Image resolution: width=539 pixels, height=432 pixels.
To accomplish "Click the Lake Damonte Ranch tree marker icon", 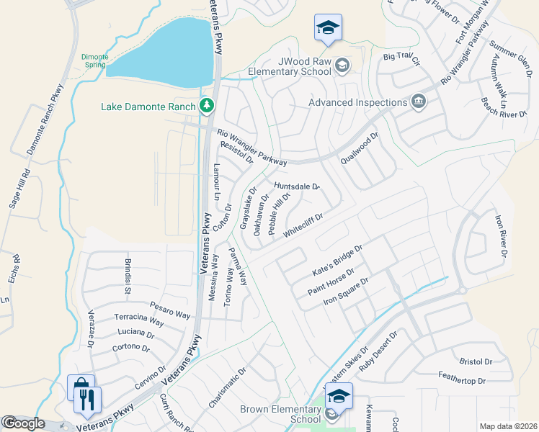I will (x=208, y=107).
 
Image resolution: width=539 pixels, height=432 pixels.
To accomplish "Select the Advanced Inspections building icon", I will (x=418, y=102).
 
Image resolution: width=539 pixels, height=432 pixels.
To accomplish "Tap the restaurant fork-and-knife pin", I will (x=87, y=399).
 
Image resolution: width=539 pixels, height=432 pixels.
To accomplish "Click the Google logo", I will (x=23, y=423).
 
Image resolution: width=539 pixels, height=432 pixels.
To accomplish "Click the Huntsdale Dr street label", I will (x=296, y=186).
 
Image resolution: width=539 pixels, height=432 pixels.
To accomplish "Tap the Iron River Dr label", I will (x=499, y=235).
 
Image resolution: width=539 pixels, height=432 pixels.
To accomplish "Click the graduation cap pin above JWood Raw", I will (x=328, y=28).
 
